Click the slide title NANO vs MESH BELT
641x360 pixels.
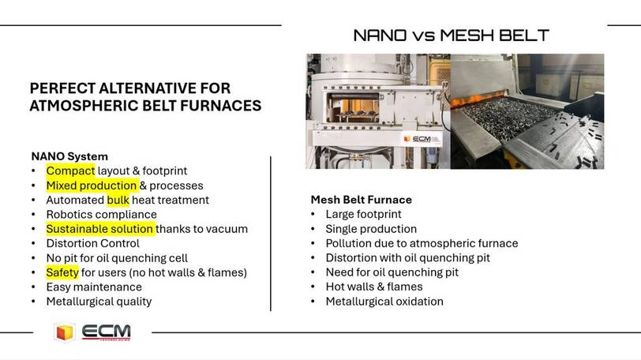[x=451, y=36]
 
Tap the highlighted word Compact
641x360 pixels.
[x=70, y=171]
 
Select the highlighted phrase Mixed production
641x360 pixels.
[x=92, y=186]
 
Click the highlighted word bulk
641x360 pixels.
[x=118, y=200]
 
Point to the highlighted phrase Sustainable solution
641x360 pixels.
[x=99, y=229]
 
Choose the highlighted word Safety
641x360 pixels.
[x=62, y=272]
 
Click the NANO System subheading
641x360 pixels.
[x=69, y=156]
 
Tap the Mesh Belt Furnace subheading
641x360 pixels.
[x=361, y=200]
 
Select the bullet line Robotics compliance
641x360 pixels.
[x=101, y=215]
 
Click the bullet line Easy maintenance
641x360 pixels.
[x=94, y=287]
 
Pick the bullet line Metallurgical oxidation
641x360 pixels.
[x=384, y=302]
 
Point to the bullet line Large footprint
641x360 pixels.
[x=363, y=214]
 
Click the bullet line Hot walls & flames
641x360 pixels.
[x=374, y=287]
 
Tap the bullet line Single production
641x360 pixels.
[x=371, y=229]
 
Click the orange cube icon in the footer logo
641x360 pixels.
[x=64, y=332]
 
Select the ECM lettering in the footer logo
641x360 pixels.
[x=107, y=331]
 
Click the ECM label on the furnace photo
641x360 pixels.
[x=421, y=139]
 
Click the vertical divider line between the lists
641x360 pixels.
[x=271, y=234]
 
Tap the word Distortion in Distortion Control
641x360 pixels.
[x=72, y=243]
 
